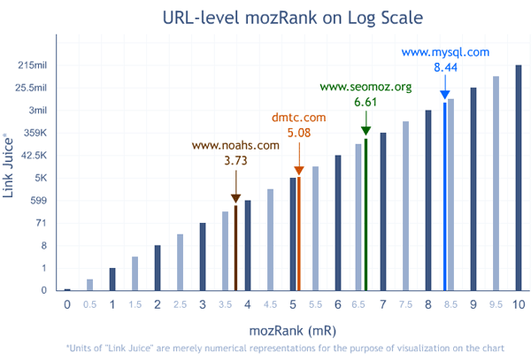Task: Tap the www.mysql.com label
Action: [445, 52]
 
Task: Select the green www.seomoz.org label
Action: [366, 87]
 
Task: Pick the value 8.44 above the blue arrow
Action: [445, 68]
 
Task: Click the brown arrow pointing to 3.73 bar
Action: [235, 188]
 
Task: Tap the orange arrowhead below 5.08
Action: [299, 170]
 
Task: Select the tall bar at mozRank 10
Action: [519, 177]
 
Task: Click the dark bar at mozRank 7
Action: [383, 211]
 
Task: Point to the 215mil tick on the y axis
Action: [32, 65]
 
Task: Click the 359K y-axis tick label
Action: [35, 133]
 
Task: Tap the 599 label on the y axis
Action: [38, 200]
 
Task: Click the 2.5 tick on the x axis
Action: [180, 305]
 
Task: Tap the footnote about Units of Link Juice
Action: [286, 348]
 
